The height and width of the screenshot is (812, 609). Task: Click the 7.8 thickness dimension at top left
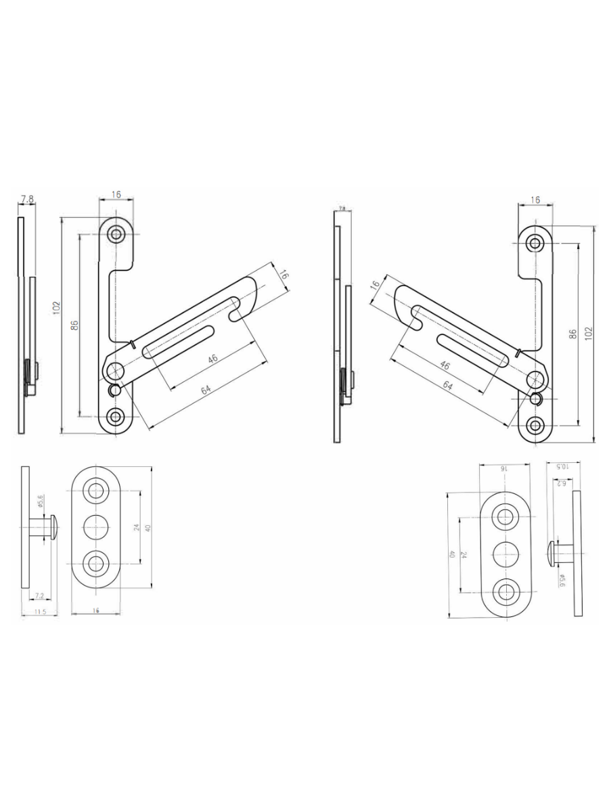tap(27, 199)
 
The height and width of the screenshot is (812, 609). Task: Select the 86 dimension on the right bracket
tap(573, 334)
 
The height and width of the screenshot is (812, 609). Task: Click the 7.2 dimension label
tap(39, 595)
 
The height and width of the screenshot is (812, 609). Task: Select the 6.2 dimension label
tap(560, 483)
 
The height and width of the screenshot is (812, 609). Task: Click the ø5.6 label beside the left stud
tap(41, 501)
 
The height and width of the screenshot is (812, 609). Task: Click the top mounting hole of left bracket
tap(117, 234)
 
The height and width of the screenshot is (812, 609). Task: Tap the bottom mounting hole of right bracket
tap(536, 425)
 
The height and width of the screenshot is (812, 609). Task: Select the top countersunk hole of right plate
tap(505, 518)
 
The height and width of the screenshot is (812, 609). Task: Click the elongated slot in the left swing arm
tap(179, 339)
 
